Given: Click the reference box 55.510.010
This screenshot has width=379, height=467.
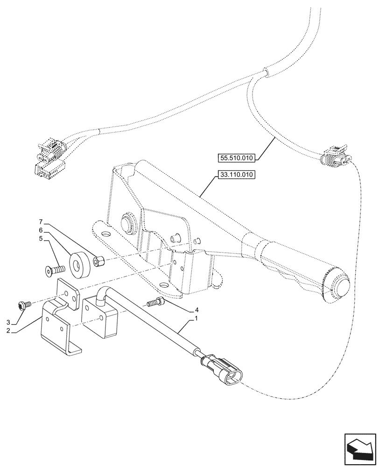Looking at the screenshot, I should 236,158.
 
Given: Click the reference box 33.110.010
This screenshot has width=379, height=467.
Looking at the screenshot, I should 236,176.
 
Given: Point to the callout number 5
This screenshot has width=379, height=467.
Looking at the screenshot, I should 41,239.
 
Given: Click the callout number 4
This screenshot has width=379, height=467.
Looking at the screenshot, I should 197,310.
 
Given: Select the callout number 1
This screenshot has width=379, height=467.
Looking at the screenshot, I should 197,319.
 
